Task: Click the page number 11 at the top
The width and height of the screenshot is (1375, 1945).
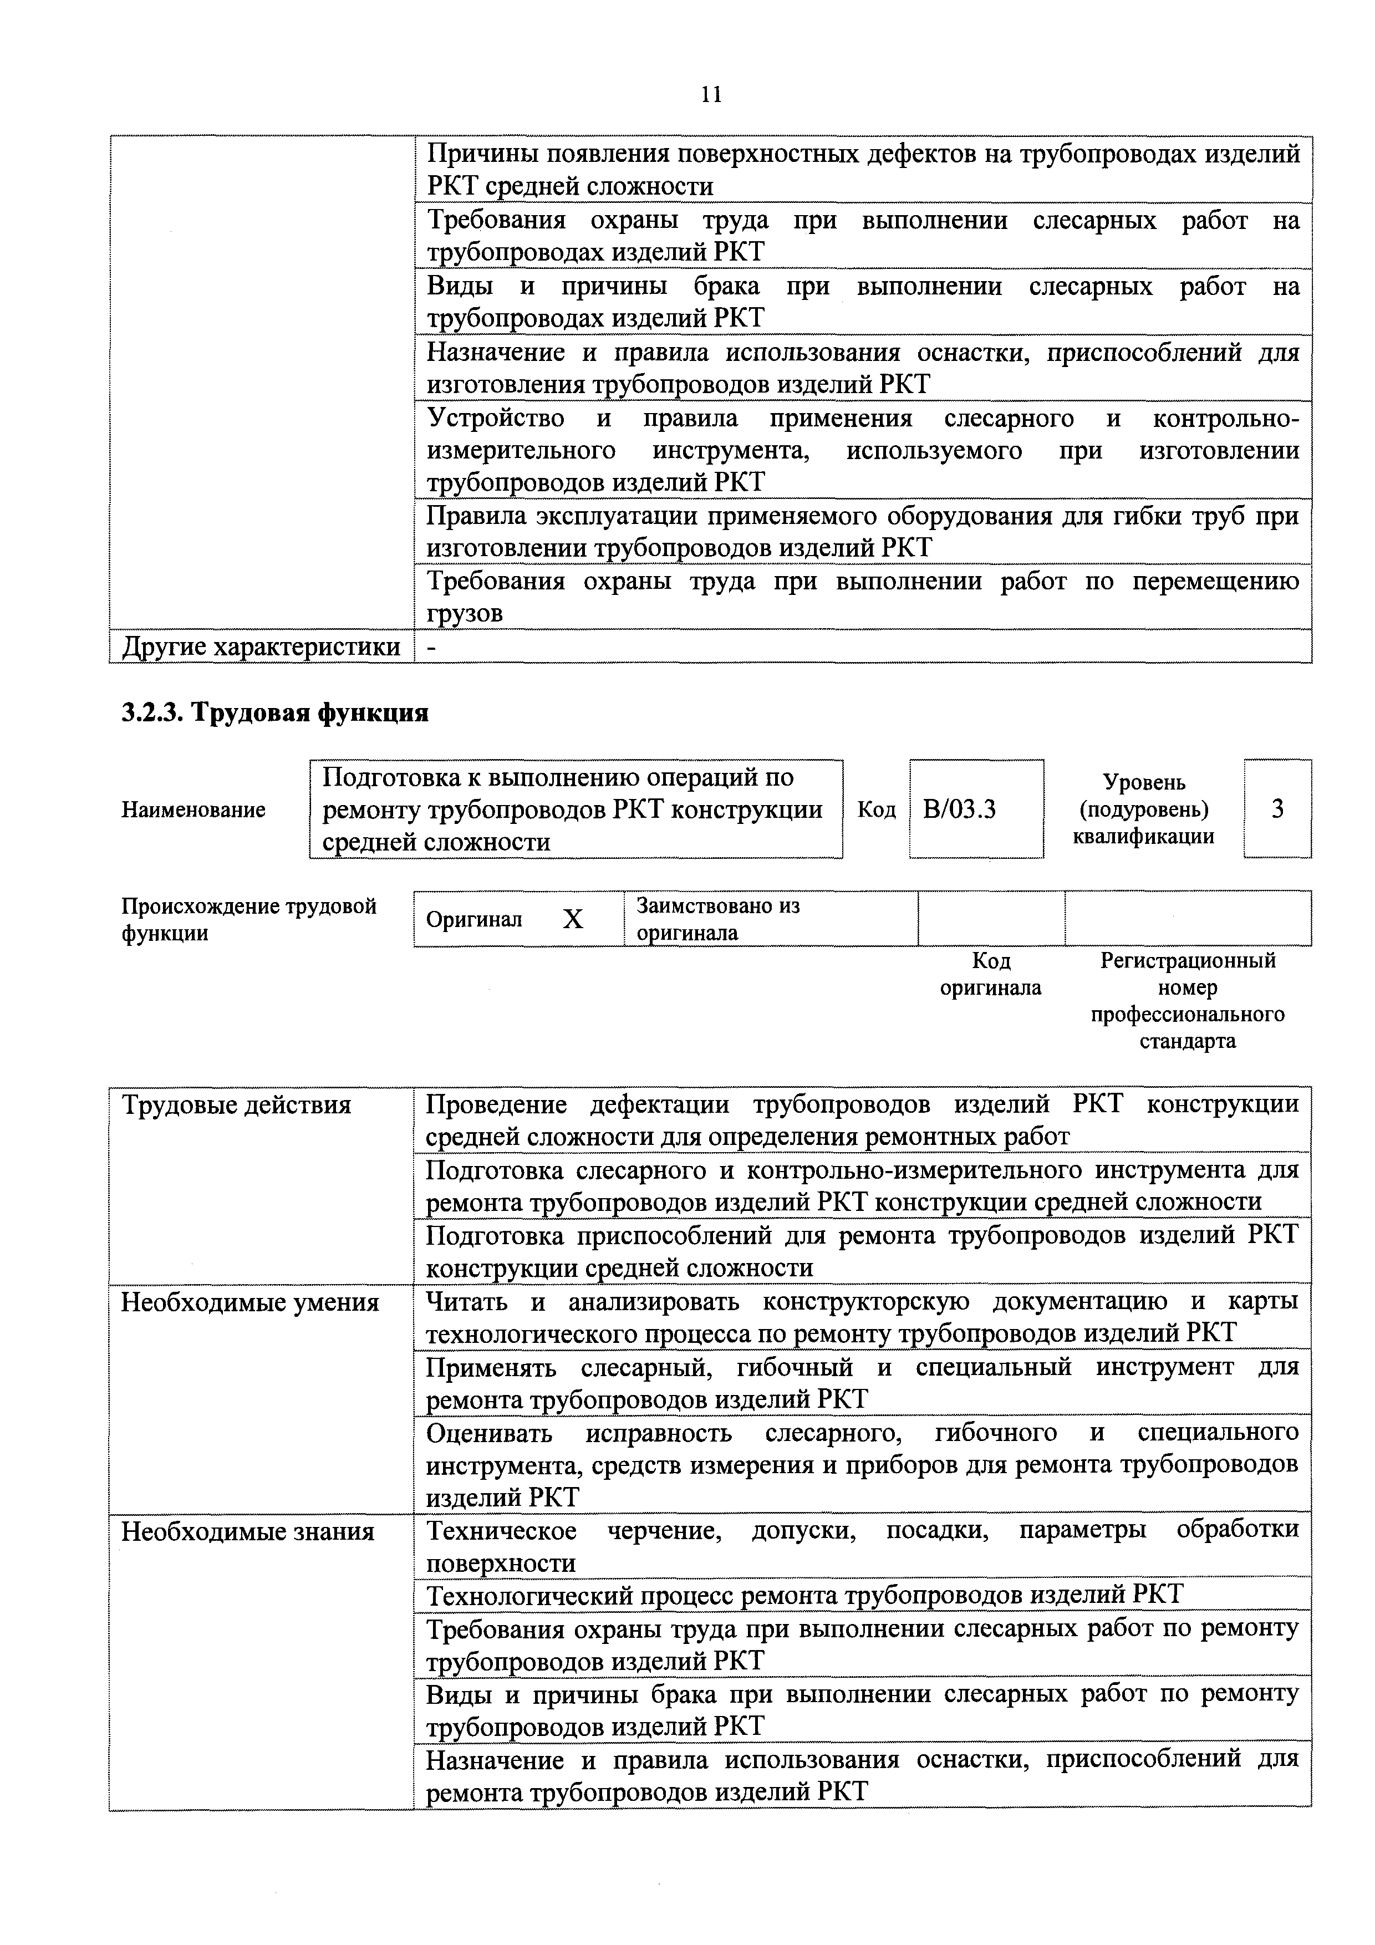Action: (x=712, y=94)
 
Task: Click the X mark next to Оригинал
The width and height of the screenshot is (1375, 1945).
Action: (x=573, y=919)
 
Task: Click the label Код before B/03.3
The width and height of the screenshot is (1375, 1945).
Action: (x=876, y=810)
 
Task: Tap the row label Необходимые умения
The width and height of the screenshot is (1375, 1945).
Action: (x=250, y=1302)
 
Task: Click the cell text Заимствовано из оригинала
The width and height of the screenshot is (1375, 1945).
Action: (x=717, y=919)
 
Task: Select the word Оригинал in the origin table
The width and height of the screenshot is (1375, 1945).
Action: (x=473, y=919)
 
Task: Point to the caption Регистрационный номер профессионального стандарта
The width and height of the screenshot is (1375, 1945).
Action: (x=1187, y=1000)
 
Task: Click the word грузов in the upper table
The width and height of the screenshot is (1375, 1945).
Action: (x=464, y=613)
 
